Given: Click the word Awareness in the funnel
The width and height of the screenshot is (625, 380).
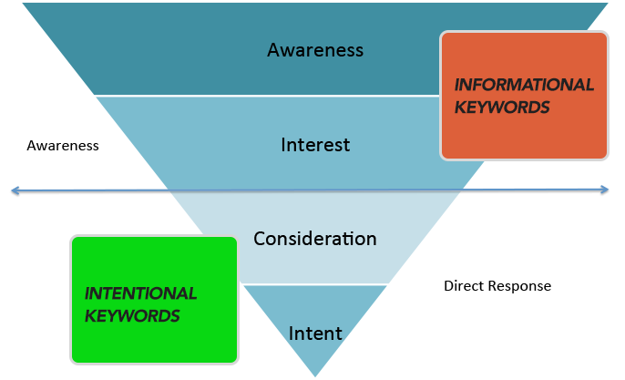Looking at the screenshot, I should pyautogui.click(x=314, y=50).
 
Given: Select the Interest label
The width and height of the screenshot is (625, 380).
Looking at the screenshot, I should pyautogui.click(x=315, y=145).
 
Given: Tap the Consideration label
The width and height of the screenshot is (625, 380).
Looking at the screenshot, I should pyautogui.click(x=314, y=239).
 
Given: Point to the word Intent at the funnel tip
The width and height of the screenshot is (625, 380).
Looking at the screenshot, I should pyautogui.click(x=315, y=334).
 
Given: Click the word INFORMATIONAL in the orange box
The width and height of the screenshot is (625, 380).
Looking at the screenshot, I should pyautogui.click(x=524, y=85).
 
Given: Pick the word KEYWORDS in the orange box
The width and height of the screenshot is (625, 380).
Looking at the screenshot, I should pyautogui.click(x=502, y=107).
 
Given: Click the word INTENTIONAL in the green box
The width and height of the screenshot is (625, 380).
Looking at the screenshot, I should pyautogui.click(x=140, y=293).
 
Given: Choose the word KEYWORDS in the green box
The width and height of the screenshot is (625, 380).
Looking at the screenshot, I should pyautogui.click(x=132, y=315).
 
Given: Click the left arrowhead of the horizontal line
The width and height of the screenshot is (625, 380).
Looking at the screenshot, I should pyautogui.click(x=13, y=190).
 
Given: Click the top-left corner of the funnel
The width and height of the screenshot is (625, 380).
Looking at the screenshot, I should pyautogui.click(x=22, y=3).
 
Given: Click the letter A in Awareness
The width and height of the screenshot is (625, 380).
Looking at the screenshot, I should pyautogui.click(x=272, y=50).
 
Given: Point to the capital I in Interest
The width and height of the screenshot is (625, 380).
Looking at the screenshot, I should pyautogui.click(x=283, y=145).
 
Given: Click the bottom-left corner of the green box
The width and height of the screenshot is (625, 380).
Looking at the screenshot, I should pyautogui.click(x=73, y=360).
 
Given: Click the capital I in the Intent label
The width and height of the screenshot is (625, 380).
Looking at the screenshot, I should pyautogui.click(x=291, y=334).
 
